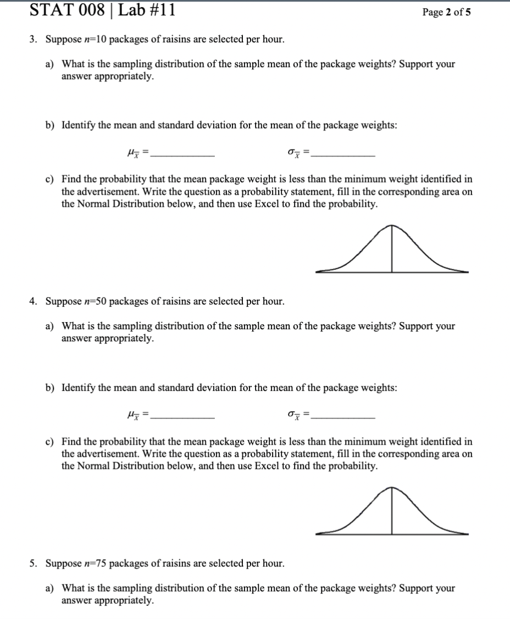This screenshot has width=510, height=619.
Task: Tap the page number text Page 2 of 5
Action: [446, 13]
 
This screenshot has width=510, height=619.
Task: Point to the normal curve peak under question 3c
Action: [391, 226]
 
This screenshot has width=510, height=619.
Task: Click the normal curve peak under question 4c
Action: [391, 488]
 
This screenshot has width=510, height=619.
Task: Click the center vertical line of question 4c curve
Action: [391, 514]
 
